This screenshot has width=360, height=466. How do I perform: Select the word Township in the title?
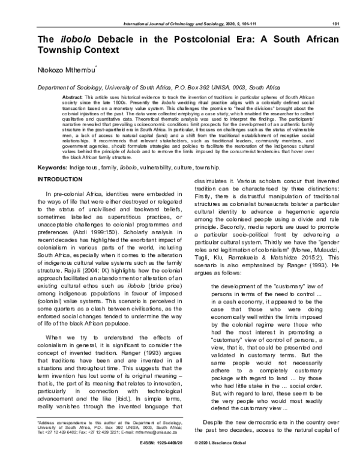(67, 52)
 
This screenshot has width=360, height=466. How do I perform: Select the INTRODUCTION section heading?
(64, 180)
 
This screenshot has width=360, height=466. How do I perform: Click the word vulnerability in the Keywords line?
(162, 166)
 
